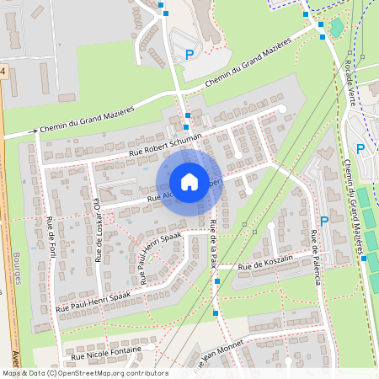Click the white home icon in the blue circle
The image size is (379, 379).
[x=189, y=182]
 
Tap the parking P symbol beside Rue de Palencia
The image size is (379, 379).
[x=323, y=222]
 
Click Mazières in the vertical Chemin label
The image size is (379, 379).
[x=359, y=227]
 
